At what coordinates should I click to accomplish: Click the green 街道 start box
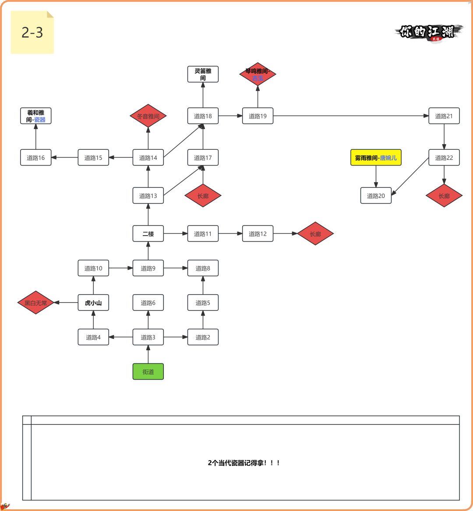pyautogui.click(x=148, y=372)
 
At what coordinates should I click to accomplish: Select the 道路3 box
pyautogui.click(x=148, y=337)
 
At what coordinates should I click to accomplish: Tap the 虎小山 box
pyautogui.click(x=93, y=303)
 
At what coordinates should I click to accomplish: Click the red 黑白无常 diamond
pyautogui.click(x=35, y=303)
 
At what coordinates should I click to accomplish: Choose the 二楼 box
pyautogui.click(x=148, y=234)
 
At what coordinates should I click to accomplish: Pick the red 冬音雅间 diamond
pyautogui.click(x=148, y=116)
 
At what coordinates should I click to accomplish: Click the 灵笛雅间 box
pyautogui.click(x=203, y=74)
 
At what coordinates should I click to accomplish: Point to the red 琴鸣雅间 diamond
pyautogui.click(x=258, y=74)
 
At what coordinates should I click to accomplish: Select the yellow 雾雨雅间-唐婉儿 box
pyautogui.click(x=376, y=158)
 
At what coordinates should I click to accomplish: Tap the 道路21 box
pyautogui.click(x=444, y=116)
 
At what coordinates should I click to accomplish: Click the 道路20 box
pyautogui.click(x=376, y=196)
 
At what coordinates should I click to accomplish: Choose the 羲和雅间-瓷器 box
pyautogui.click(x=36, y=116)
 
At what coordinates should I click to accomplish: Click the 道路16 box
pyautogui.click(x=36, y=158)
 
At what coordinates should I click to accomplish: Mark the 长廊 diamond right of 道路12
pyautogui.click(x=315, y=234)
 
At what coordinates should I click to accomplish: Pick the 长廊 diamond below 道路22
pyautogui.click(x=444, y=196)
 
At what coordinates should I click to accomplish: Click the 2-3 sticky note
pyautogui.click(x=32, y=32)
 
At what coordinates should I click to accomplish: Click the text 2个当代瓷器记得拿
pyautogui.click(x=244, y=463)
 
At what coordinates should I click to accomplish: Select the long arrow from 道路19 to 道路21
pyautogui.click(x=350, y=116)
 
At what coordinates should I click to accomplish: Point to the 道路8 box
pyautogui.click(x=203, y=268)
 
